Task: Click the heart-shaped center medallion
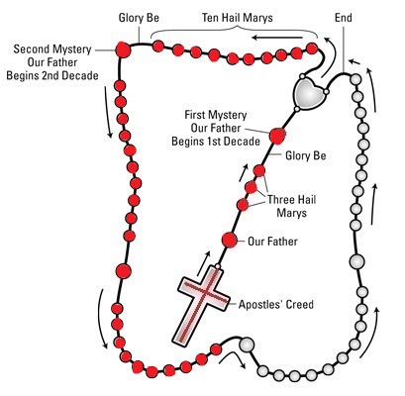point(309,93)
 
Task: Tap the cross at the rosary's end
point(201,306)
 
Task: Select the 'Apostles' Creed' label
point(276,304)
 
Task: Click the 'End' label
point(344,18)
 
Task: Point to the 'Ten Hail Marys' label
point(238,18)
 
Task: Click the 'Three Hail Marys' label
point(291,206)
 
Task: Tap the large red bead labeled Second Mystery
point(123,49)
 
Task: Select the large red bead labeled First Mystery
point(277,137)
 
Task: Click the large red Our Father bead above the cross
point(229,240)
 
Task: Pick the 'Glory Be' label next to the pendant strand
point(306,155)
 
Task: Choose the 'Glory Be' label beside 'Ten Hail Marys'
point(139,18)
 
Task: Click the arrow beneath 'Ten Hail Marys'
point(277,38)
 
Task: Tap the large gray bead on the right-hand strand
point(356,261)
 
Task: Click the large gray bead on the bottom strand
point(247,345)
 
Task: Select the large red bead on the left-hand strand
point(124,271)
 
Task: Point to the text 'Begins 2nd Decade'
point(52,75)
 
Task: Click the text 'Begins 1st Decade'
point(216,142)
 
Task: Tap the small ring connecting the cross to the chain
point(218,266)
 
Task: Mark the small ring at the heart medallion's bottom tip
point(297,109)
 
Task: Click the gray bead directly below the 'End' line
point(355,79)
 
